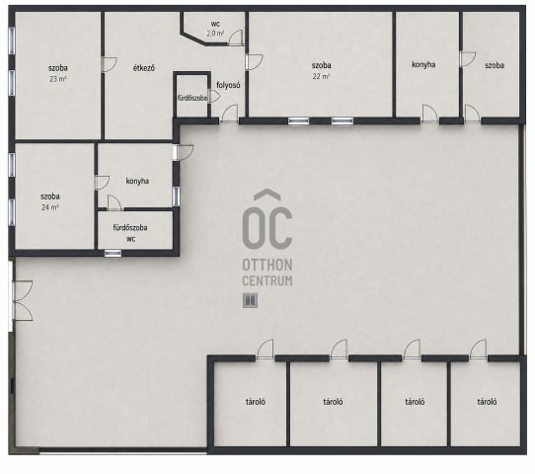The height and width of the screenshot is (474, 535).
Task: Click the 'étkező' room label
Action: (x=144, y=68)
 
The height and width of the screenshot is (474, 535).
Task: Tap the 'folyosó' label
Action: (x=228, y=85)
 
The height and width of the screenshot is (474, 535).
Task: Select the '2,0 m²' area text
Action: (x=215, y=34)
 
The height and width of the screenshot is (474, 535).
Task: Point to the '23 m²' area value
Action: (x=57, y=79)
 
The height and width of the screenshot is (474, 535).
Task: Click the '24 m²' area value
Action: (x=49, y=207)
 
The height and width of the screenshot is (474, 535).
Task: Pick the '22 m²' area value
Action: (x=321, y=76)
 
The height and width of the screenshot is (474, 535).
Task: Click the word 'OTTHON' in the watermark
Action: (x=267, y=265)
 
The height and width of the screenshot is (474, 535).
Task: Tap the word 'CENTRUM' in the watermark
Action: (x=267, y=280)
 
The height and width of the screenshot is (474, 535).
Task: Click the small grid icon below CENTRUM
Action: (x=250, y=300)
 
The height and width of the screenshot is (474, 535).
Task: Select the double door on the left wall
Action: (x=23, y=300)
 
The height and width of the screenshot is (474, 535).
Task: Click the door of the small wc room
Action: (x=236, y=38)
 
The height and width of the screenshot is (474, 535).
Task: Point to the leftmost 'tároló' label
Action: (x=256, y=402)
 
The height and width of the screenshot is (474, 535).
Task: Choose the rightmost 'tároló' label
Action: (x=487, y=402)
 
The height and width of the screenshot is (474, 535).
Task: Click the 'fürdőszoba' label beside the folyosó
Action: (x=192, y=98)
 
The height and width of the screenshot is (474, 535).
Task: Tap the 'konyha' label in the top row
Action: (x=423, y=64)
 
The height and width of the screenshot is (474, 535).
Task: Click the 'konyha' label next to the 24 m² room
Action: (x=137, y=181)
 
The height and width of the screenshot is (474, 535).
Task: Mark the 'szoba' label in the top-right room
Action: (x=495, y=65)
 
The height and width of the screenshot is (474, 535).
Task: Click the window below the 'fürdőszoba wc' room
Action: (x=113, y=253)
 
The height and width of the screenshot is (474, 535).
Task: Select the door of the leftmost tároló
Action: (x=265, y=350)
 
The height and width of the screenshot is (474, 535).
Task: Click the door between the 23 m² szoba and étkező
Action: (x=110, y=64)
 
